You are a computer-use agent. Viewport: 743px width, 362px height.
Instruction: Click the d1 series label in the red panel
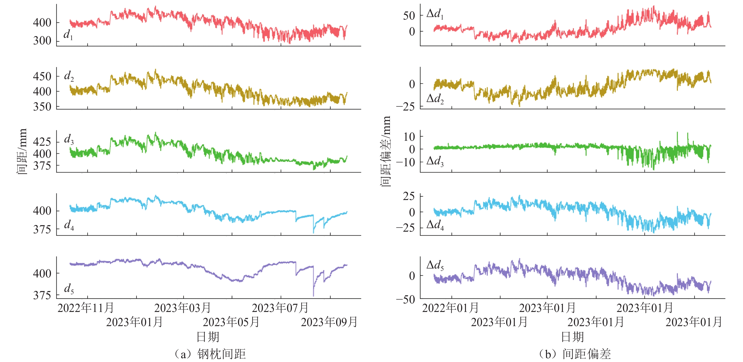coord(68,35)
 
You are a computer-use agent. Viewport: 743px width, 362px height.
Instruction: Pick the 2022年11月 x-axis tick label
coord(86,308)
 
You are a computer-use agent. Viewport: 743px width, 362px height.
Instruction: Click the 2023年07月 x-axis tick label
coord(280,308)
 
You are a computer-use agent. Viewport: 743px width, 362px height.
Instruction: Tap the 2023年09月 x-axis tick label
coord(329,322)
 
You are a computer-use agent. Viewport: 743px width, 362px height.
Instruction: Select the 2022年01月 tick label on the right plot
coord(450,308)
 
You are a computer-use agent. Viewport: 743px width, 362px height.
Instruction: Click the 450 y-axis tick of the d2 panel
coord(42,77)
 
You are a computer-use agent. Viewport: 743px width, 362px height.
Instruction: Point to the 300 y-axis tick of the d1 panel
coord(42,41)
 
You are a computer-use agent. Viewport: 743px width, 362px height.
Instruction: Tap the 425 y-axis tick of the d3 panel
coord(42,142)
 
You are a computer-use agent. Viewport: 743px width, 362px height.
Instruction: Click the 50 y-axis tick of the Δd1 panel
coord(409,16)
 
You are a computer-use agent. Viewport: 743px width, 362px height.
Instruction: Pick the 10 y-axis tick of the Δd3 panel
coord(409,136)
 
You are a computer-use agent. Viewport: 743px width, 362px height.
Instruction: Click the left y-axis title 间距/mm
coord(22,152)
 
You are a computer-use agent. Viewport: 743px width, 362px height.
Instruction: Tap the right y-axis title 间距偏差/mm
coord(385,152)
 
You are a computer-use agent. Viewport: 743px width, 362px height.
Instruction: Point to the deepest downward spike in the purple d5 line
coord(313,295)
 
